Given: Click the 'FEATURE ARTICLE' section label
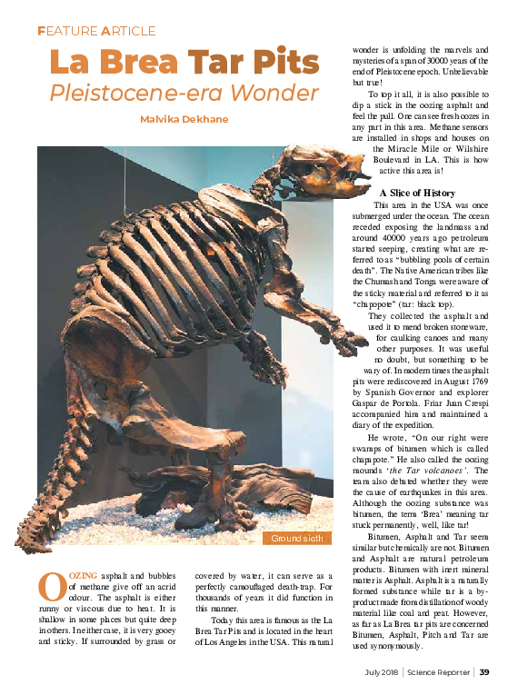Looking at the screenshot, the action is [x=96, y=31].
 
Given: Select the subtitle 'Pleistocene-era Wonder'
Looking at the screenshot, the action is [x=184, y=93].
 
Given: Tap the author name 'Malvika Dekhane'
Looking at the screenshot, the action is [x=184, y=120].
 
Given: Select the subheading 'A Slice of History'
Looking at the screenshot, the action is [x=417, y=193].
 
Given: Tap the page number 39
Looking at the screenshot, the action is [x=485, y=673].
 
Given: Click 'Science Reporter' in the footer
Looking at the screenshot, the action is [x=439, y=673].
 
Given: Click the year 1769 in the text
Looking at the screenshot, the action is [x=479, y=383].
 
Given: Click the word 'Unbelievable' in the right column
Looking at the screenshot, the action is [x=459, y=73].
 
